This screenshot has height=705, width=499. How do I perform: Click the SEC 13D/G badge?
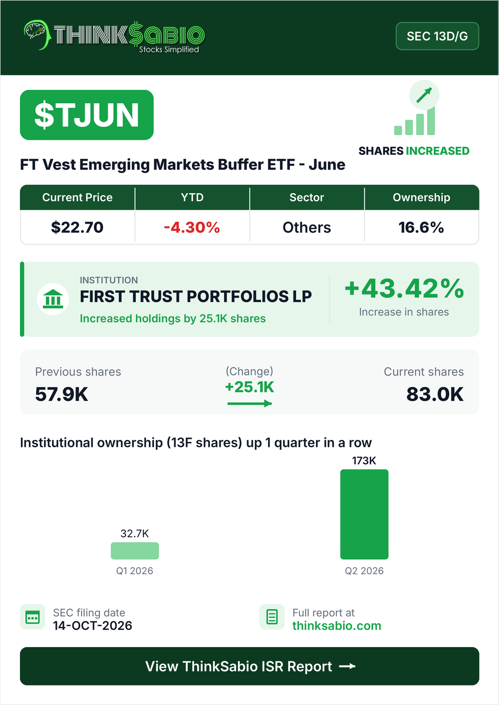coord(437,36)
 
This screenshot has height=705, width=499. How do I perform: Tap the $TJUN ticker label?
coord(86,115)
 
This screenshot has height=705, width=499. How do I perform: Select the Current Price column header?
coord(77,197)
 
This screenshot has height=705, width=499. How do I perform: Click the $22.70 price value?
coord(77,227)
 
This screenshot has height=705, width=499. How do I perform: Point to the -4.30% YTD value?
coord(192,227)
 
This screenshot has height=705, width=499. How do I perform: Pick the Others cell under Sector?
coord(307,227)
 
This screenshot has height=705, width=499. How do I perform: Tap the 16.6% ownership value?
coord(421,227)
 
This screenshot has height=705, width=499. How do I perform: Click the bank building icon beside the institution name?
coord(53,299)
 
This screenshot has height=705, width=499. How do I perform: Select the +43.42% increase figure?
coord(404,289)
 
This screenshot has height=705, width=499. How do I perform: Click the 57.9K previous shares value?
coord(62,394)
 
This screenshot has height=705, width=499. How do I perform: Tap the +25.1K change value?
coord(249,387)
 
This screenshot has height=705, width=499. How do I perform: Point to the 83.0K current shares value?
coord(435,394)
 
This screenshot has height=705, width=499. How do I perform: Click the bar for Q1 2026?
coord(135,551)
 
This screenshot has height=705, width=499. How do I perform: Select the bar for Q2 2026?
coord(364,514)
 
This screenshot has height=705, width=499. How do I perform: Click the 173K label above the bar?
coord(364,461)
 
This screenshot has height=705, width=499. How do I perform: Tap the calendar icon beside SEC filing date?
coord(33,617)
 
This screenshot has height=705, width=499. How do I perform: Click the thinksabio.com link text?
coord(337,626)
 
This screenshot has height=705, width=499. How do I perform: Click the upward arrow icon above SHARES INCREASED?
coord(424,95)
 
